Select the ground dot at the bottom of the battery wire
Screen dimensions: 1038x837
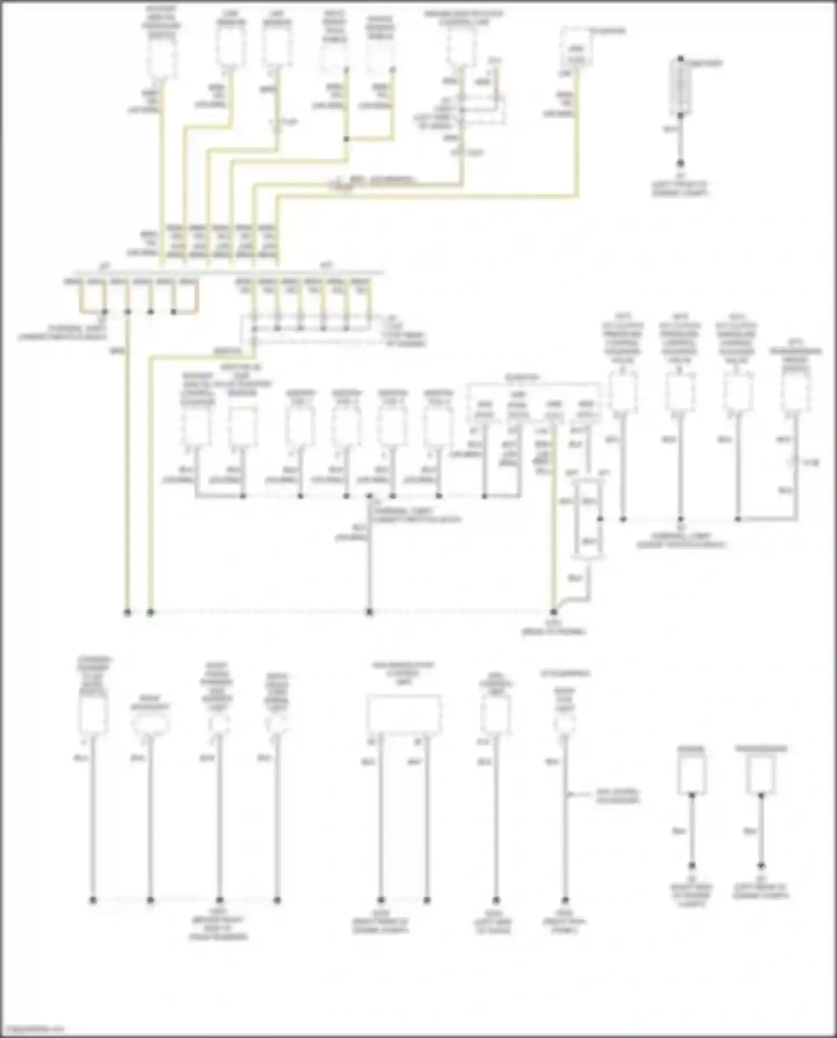pos(680,163)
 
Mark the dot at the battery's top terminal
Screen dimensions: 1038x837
pos(680,59)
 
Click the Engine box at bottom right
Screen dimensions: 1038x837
pos(692,774)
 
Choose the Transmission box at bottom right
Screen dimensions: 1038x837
pos(761,774)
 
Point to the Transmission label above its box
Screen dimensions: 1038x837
pos(761,749)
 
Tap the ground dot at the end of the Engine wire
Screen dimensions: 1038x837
pos(692,866)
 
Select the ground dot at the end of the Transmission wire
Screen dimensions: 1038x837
pos(761,866)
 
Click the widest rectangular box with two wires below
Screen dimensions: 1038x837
pos(404,714)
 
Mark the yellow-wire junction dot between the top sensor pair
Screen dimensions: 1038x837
pos(347,139)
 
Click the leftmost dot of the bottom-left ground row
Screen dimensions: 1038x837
pos(93,900)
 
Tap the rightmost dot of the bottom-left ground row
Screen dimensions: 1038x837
pos(277,900)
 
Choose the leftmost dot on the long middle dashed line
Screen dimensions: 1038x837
pos(127,612)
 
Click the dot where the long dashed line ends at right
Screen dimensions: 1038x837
pos(554,612)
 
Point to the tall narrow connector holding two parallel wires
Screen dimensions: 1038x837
pos(588,519)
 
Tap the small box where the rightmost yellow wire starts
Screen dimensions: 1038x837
pos(577,54)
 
